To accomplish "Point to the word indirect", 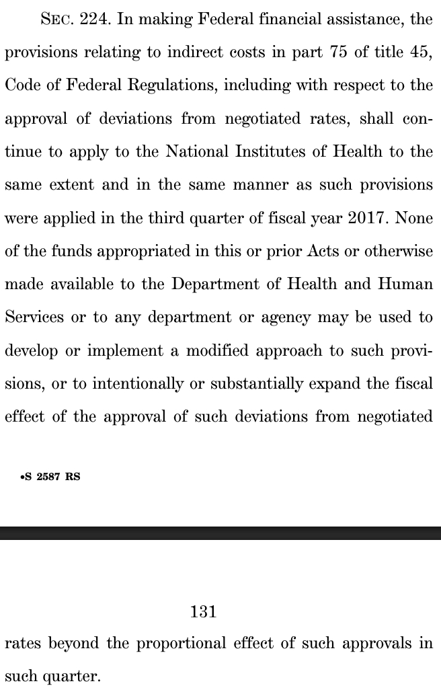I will coord(175,53).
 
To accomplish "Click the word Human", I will coord(407,284).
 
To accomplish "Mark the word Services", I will coord(34,317).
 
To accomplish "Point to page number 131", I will coord(203,611).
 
